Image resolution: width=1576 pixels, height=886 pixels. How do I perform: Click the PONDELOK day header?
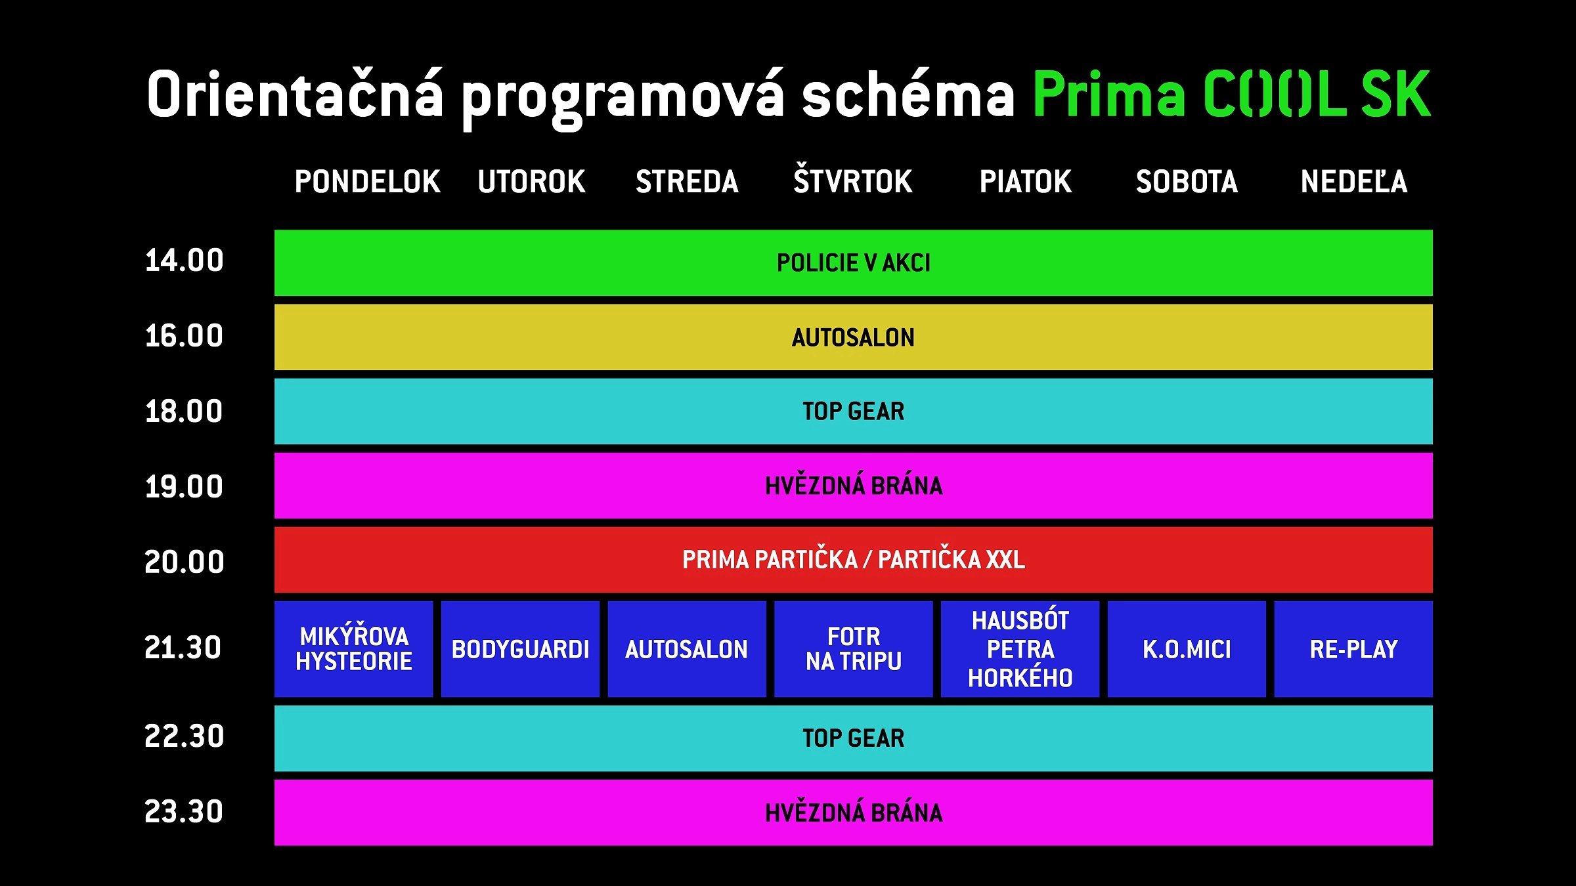367,182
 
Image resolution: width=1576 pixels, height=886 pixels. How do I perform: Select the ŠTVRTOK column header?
852,180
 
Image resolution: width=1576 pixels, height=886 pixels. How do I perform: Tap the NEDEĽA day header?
1354,182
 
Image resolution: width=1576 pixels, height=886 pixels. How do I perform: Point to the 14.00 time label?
184,261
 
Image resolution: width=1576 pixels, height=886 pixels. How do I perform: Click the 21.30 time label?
183,648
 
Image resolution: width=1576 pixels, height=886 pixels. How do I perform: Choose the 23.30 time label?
184,812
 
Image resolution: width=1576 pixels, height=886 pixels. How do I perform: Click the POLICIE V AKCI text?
853,263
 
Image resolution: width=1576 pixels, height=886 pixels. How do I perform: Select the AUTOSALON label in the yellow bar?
853,337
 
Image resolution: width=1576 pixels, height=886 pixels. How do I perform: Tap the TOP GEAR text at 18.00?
853,411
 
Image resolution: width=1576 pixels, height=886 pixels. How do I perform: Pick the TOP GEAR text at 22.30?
853,738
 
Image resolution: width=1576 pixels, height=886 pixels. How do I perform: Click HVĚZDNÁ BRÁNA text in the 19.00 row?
853,486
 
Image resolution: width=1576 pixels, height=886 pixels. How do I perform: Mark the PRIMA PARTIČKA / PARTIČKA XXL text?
853,560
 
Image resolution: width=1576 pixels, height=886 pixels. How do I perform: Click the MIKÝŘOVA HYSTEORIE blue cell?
354,648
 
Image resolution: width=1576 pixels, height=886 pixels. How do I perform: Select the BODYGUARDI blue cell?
520,649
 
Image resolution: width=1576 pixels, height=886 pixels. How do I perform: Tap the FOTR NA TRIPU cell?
853,649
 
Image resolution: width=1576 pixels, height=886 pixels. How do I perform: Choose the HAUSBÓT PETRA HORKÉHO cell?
1020,649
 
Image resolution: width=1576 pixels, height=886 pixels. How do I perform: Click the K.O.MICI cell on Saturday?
1187,649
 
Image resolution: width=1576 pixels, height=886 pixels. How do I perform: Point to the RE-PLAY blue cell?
1353,649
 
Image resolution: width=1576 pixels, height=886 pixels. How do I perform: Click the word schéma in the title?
908,95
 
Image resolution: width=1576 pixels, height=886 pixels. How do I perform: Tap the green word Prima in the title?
1109,95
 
